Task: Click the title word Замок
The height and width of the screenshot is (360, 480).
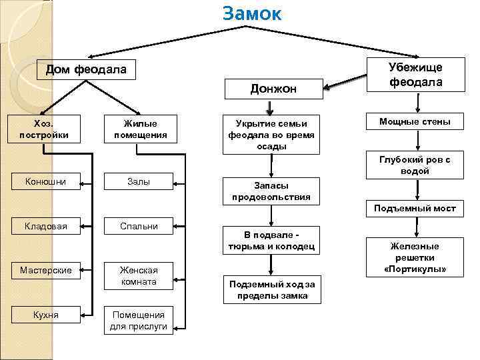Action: tap(252, 14)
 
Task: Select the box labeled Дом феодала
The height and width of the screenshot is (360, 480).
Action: tap(86, 70)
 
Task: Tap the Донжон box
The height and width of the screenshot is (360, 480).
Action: tap(273, 89)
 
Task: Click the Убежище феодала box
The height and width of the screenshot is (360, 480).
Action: tap(415, 74)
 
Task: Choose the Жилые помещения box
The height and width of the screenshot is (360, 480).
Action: tap(141, 129)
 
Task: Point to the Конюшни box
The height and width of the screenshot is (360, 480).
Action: tap(45, 181)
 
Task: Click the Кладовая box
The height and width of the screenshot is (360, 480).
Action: tap(45, 226)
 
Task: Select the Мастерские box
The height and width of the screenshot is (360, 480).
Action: tap(45, 270)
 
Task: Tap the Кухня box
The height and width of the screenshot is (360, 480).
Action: tap(45, 314)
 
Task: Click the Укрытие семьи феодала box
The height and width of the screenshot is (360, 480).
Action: tap(271, 135)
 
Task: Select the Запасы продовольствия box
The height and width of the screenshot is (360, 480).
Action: tap(271, 191)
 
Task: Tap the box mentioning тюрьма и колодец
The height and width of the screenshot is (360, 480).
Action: tap(271, 241)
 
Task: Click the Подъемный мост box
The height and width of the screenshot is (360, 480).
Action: tap(415, 209)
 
